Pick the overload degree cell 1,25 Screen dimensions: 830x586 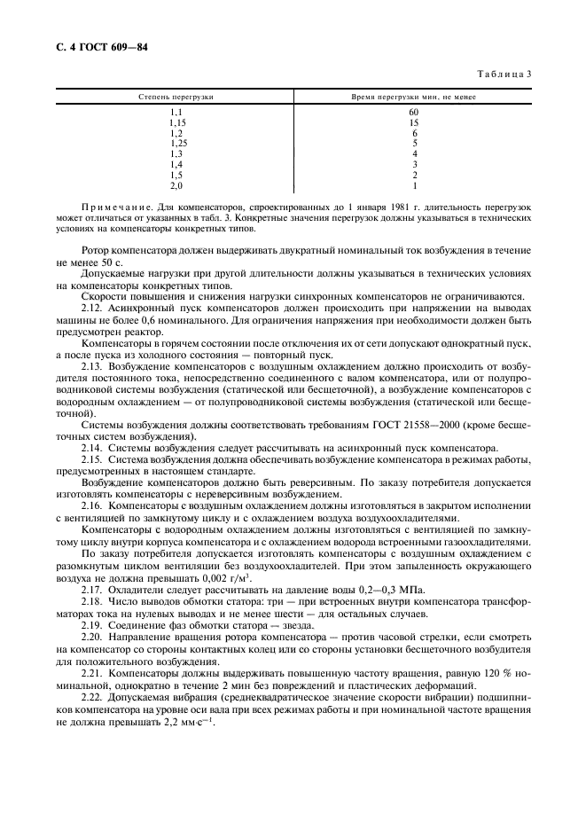[179, 143]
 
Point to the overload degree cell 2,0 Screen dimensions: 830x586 [176, 185]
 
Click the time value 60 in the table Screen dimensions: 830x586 [414, 112]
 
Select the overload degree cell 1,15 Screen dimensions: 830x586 [177, 122]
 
